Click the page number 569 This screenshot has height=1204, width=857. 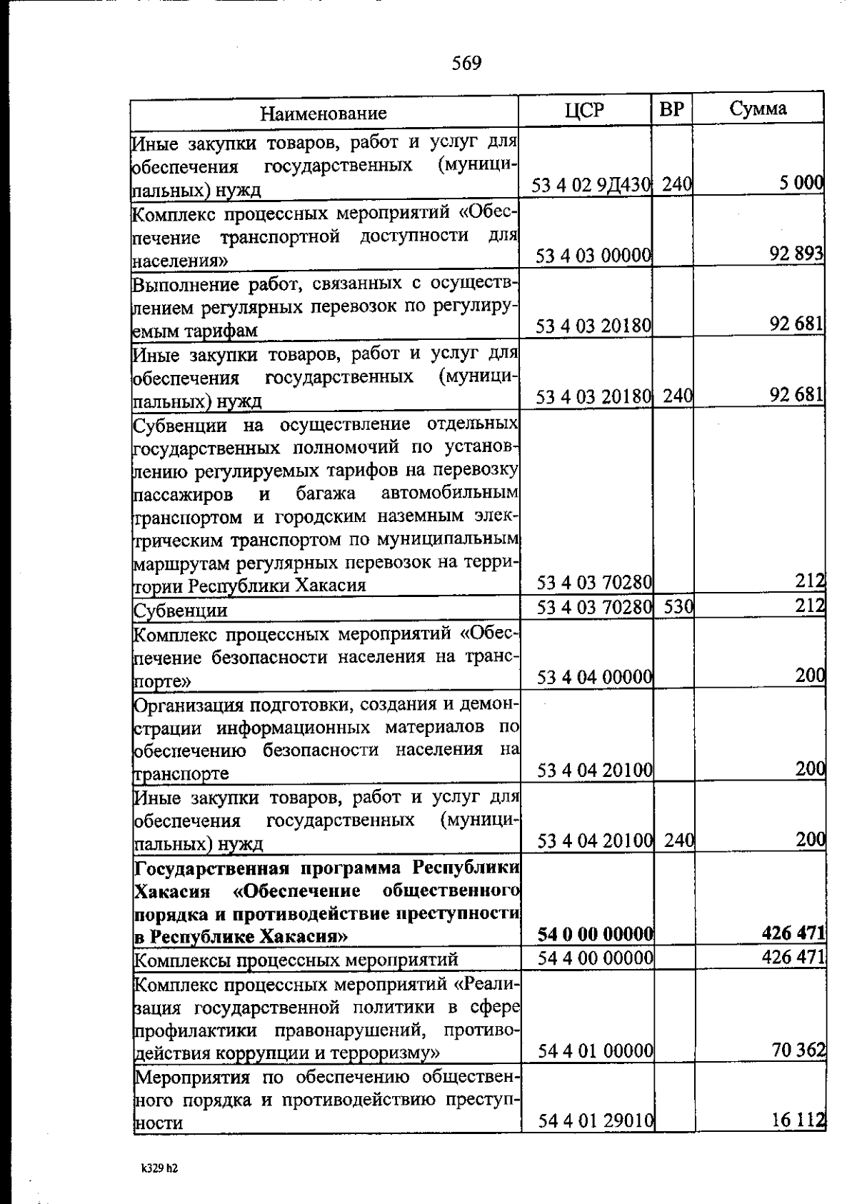click(x=466, y=64)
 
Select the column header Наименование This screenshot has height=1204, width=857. click(x=323, y=113)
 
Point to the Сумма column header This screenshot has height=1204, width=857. click(x=758, y=108)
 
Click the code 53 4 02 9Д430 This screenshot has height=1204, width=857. click(x=591, y=185)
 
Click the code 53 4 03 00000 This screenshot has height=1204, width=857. click(x=593, y=256)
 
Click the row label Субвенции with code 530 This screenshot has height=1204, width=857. click(x=181, y=611)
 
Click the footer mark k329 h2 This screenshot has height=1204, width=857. click(x=159, y=1169)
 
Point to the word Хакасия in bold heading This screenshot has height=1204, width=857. click(x=172, y=892)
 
